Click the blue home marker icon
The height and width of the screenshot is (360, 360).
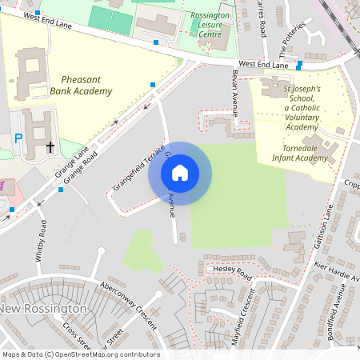coord(180,172)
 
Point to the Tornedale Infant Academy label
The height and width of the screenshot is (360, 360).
coord(305,153)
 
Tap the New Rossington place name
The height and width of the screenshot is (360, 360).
coord(43,309)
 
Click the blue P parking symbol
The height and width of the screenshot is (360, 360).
coord(18,138)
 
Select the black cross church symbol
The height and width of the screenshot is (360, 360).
coord(50,147)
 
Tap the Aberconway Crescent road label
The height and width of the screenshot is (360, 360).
coord(127,303)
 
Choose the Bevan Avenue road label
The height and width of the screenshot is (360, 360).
coord(235,92)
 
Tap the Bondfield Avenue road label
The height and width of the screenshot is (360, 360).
coord(338,312)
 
